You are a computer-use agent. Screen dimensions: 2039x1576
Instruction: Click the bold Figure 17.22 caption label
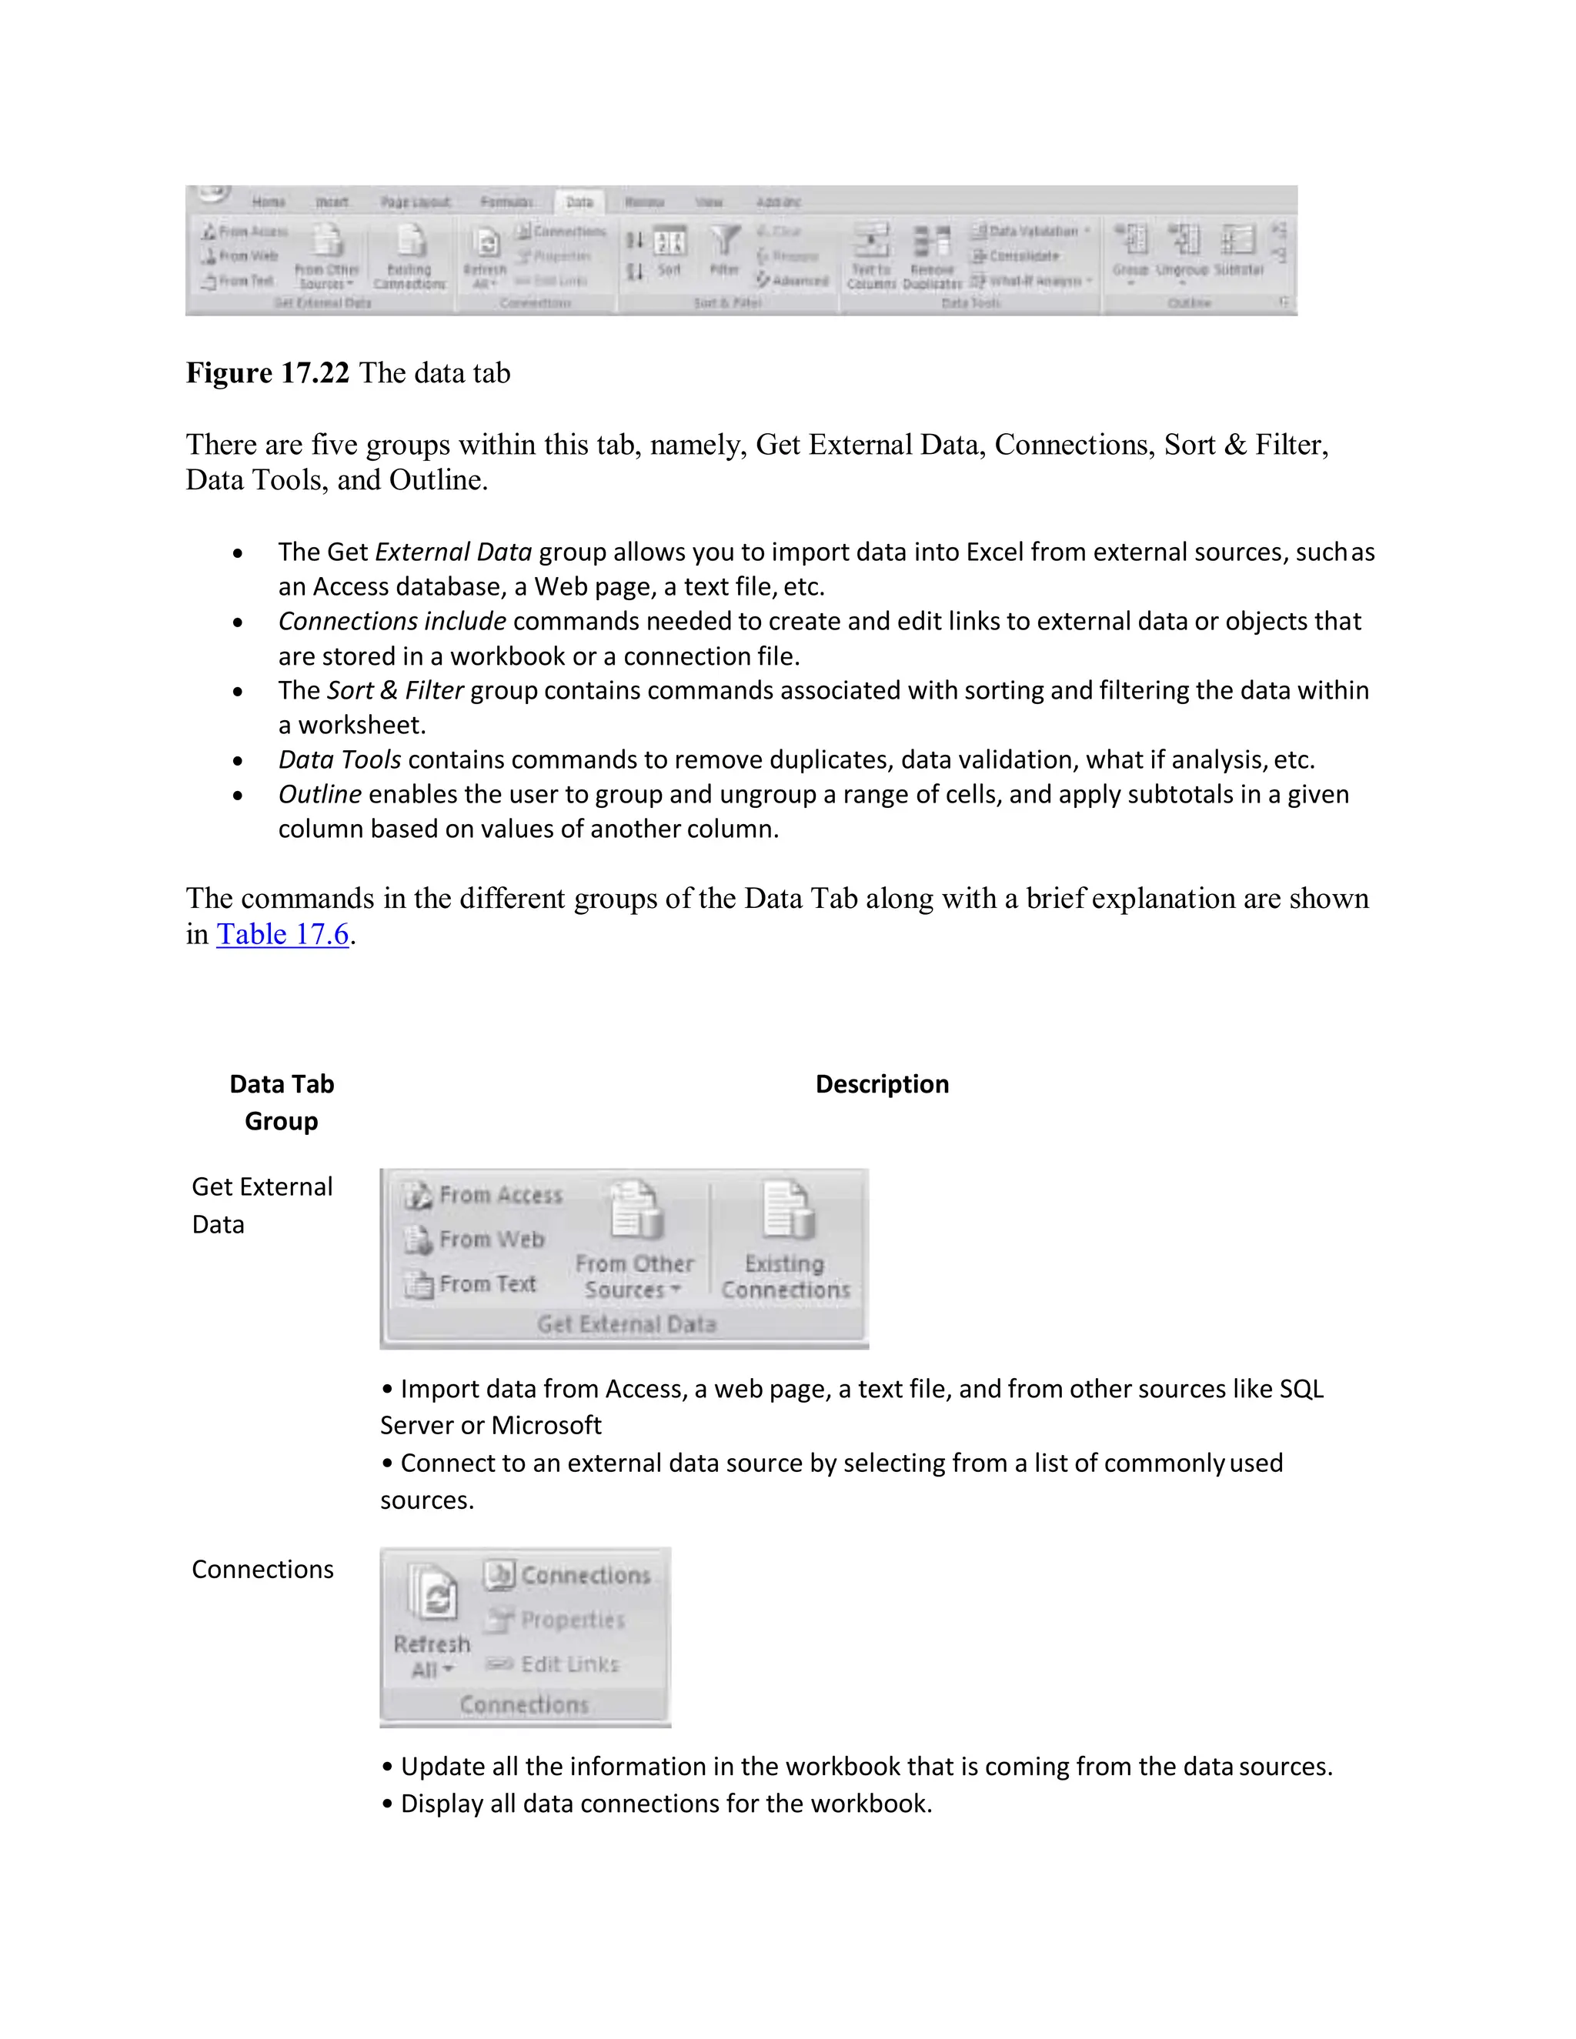[267, 373]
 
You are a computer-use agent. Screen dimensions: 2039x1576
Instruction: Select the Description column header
[881, 1084]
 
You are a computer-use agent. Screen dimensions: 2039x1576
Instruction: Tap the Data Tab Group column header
[281, 1103]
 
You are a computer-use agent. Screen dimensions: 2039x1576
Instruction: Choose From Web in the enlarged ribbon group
[474, 1240]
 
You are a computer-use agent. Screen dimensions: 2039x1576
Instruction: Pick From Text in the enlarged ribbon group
[470, 1285]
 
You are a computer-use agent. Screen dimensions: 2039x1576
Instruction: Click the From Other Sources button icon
[635, 1211]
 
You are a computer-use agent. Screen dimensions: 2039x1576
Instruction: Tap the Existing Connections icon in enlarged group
[787, 1211]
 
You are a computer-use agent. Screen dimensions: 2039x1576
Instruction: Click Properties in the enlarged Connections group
[556, 1620]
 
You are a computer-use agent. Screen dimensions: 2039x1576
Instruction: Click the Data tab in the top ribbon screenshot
[579, 202]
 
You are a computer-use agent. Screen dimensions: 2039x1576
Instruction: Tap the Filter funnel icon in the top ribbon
[724, 242]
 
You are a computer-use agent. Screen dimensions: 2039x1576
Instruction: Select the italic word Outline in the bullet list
[319, 795]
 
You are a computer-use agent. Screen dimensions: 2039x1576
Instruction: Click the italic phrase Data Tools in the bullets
[340, 760]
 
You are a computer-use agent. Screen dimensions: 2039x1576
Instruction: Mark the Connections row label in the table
[262, 1570]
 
